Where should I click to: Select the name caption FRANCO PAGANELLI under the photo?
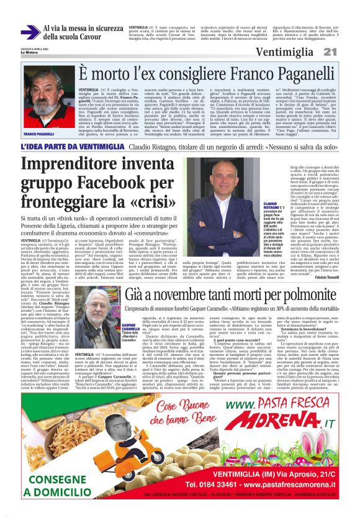click(39, 134)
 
